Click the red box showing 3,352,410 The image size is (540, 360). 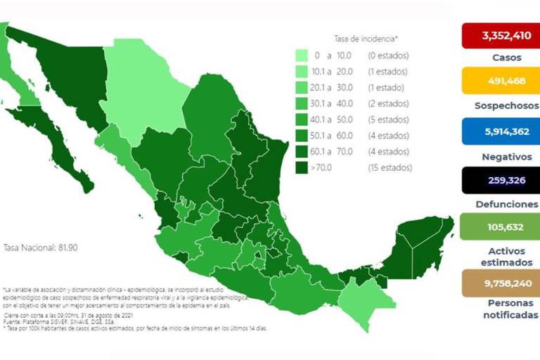tap(500, 34)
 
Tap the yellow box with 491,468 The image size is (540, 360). tap(500, 81)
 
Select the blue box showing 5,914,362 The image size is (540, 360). tap(500, 130)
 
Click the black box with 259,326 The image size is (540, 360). tap(500, 180)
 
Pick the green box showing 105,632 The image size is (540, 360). tap(500, 227)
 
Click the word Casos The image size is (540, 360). tap(500, 57)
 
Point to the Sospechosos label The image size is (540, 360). tap(500, 105)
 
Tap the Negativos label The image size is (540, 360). tap(500, 155)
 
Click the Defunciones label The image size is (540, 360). tap(500, 204)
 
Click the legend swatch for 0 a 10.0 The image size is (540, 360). tap(302, 56)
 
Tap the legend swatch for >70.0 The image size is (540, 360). tap(302, 168)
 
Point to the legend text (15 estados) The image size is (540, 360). tap(390, 168)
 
